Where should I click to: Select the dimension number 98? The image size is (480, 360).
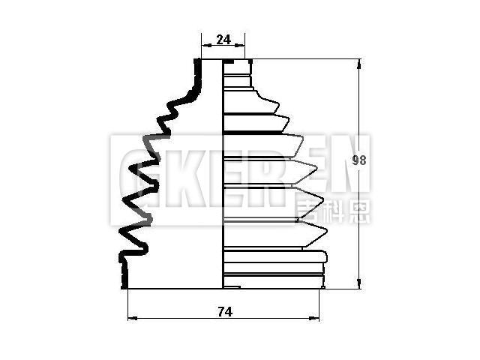(x=360, y=160)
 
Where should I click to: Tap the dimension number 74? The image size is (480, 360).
(x=223, y=312)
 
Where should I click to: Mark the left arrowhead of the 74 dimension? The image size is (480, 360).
(x=133, y=319)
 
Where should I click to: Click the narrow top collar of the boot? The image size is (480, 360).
(x=235, y=68)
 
